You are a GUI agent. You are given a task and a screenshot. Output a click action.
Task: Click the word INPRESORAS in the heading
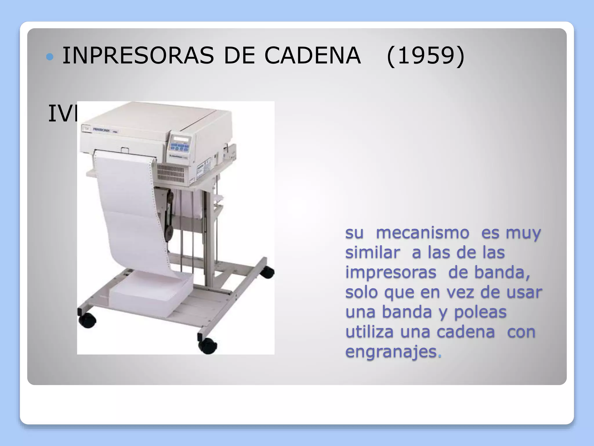click(138, 56)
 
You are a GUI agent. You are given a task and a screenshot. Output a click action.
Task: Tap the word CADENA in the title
click(312, 56)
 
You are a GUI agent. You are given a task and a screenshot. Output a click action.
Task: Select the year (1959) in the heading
click(426, 56)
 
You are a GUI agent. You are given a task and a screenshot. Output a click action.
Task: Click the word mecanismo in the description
click(422, 233)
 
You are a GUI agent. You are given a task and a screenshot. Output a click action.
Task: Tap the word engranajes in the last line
click(391, 352)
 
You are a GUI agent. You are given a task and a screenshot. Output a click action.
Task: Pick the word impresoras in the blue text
click(391, 272)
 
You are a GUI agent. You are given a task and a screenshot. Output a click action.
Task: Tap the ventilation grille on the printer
click(171, 174)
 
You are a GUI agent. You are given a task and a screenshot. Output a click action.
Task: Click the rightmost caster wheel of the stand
click(267, 272)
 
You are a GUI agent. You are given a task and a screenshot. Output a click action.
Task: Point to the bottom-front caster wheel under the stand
click(207, 346)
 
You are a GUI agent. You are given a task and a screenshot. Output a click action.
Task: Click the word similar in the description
click(372, 253)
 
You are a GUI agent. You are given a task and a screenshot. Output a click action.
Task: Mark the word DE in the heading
click(239, 56)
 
